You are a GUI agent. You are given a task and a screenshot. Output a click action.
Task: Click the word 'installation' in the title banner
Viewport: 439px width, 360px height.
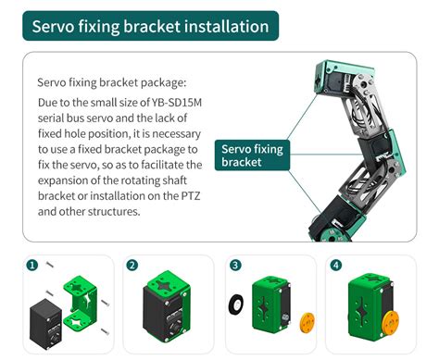tap(227, 27)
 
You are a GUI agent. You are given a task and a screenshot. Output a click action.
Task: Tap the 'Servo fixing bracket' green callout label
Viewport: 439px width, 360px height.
tap(252, 155)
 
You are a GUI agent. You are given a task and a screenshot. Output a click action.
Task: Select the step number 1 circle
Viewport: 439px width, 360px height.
tap(32, 266)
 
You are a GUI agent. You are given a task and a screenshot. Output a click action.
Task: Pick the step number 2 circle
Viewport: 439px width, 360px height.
tap(132, 266)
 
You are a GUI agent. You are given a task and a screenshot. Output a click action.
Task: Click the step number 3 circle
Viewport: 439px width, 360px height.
tap(235, 266)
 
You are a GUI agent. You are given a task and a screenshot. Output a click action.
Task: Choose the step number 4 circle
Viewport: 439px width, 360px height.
tap(336, 266)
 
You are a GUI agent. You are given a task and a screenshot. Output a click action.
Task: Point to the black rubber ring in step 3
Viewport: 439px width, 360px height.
tap(236, 304)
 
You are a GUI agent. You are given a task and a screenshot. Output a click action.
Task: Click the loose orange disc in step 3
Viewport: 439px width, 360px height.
tap(307, 323)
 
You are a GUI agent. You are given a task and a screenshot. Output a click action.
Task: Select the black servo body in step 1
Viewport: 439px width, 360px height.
tap(45, 324)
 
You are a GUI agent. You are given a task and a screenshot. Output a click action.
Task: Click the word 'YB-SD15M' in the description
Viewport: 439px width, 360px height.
tap(176, 103)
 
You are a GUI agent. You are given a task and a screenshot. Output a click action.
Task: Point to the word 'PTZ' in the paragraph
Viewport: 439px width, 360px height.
tap(190, 196)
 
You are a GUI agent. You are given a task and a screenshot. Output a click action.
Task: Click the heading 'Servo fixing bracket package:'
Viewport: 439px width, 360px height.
tap(112, 82)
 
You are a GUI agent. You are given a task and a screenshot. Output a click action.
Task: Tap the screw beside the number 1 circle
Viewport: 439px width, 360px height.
tap(50, 265)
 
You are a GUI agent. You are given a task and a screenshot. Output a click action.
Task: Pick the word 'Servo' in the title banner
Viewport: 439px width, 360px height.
tap(53, 27)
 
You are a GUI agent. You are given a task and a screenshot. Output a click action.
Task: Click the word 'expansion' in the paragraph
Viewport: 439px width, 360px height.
tap(63, 180)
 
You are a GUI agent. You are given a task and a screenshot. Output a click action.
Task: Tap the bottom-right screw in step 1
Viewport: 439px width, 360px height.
tap(105, 332)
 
